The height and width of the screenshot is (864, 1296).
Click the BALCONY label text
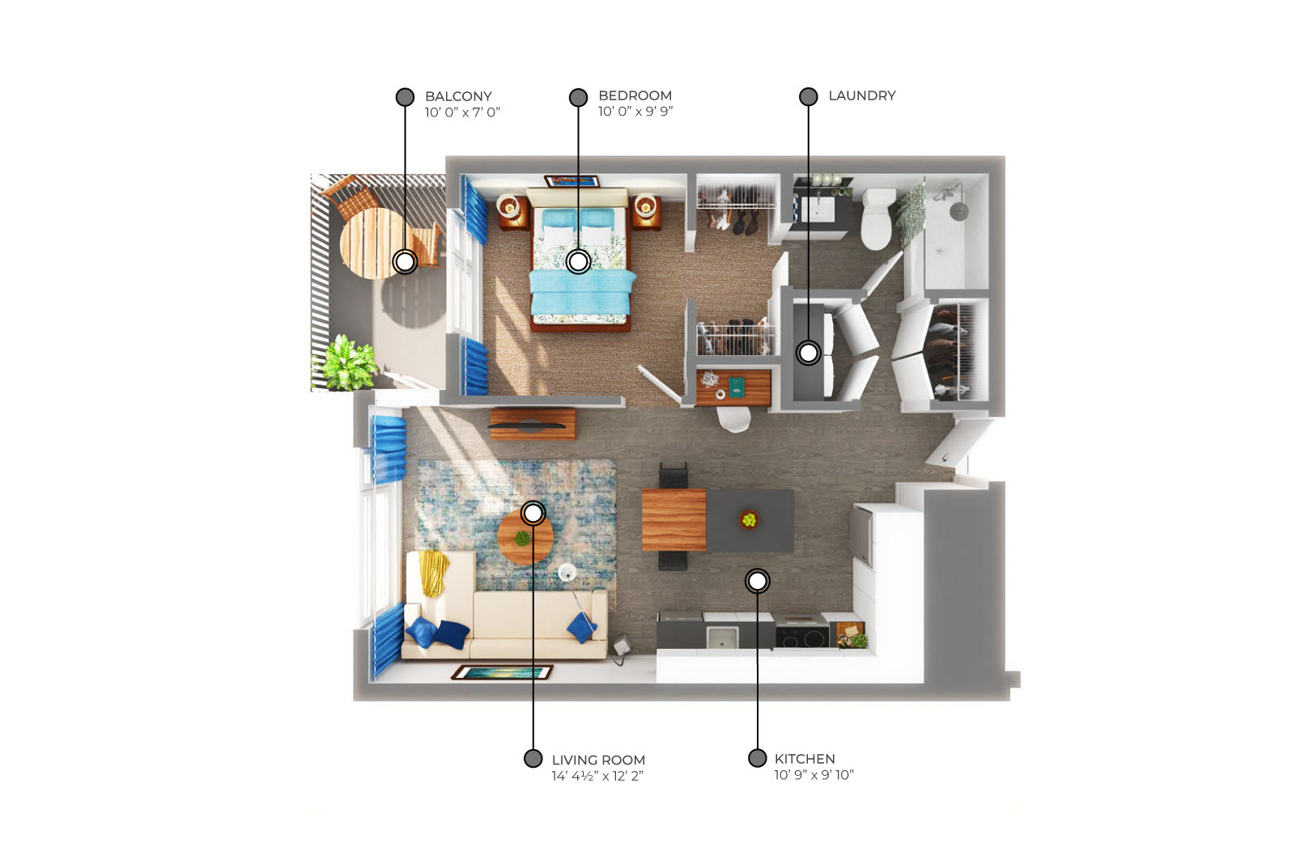tap(458, 96)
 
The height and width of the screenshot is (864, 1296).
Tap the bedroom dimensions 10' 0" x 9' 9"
tap(635, 112)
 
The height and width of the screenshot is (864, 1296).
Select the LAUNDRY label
tap(862, 95)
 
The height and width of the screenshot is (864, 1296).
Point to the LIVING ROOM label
tap(598, 760)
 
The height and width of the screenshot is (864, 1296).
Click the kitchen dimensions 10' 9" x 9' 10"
tap(814, 775)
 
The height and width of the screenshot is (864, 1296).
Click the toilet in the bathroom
tap(877, 219)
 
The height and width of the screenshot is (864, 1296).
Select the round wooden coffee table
tap(525, 537)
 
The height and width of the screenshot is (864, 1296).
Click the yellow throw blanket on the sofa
tap(433, 572)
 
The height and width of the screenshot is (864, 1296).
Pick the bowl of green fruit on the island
tap(749, 519)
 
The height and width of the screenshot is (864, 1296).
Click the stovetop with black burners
tap(803, 633)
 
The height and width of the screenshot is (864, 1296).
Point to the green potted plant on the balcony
tap(349, 363)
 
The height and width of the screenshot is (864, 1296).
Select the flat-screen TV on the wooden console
tap(527, 426)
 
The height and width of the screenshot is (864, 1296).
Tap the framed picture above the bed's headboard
tap(572, 181)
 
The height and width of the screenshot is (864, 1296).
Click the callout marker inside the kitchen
tap(758, 581)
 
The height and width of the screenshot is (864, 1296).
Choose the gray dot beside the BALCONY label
tap(405, 97)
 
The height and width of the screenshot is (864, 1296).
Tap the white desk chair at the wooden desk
tap(733, 419)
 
